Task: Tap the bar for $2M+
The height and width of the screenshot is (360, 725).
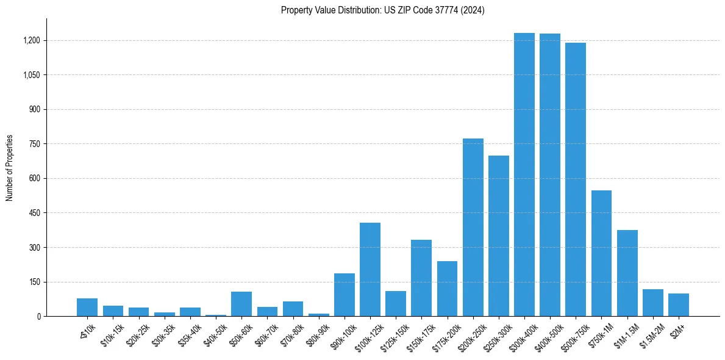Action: [x=678, y=305]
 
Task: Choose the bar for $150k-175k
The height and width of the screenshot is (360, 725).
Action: [x=421, y=278]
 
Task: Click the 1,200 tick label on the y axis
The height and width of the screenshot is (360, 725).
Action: [x=32, y=41]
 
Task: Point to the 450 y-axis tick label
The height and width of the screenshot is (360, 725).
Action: [x=35, y=213]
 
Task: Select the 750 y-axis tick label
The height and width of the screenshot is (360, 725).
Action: [x=35, y=144]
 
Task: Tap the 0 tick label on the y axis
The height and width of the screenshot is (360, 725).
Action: [x=38, y=317]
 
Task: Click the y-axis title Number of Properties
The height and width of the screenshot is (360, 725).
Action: [x=10, y=168]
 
